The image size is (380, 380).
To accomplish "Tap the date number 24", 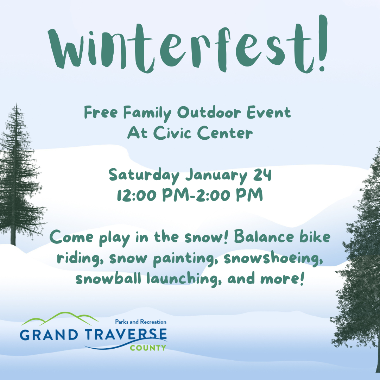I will point(262,175).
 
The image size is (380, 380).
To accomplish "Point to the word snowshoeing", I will point(272,259).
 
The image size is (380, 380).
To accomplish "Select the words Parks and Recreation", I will point(141,322).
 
